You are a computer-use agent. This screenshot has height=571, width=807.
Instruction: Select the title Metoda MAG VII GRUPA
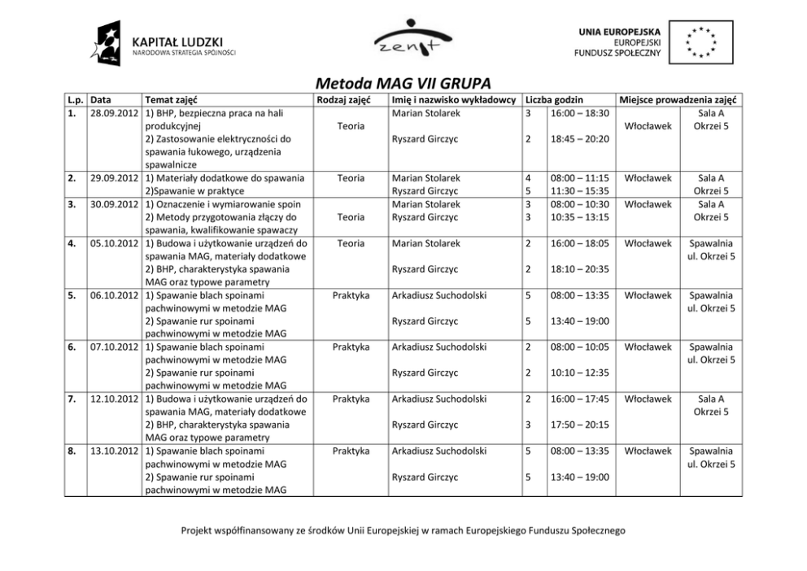click(x=403, y=84)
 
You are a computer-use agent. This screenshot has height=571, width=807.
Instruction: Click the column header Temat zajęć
click(x=171, y=100)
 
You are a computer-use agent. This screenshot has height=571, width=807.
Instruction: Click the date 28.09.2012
click(x=113, y=113)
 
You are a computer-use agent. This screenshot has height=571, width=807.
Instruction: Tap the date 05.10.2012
click(x=113, y=243)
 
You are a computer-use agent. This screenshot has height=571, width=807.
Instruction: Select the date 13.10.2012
click(x=113, y=451)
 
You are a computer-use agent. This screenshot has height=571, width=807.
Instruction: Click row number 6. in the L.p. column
click(x=72, y=347)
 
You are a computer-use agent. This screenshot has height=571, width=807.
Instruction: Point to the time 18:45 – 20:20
click(x=579, y=139)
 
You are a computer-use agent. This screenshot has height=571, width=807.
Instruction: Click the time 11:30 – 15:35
click(x=579, y=191)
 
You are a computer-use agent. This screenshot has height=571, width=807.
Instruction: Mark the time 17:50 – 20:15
click(x=579, y=425)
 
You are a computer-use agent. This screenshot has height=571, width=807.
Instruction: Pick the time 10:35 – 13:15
click(x=579, y=217)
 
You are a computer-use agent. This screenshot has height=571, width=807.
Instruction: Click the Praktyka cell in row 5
click(x=351, y=295)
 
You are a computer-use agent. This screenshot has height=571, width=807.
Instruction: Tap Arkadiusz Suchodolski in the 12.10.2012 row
click(x=439, y=399)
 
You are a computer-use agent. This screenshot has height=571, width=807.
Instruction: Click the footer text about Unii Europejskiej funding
click(x=403, y=530)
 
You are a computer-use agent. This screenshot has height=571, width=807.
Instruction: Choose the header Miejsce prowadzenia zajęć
click(x=678, y=100)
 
